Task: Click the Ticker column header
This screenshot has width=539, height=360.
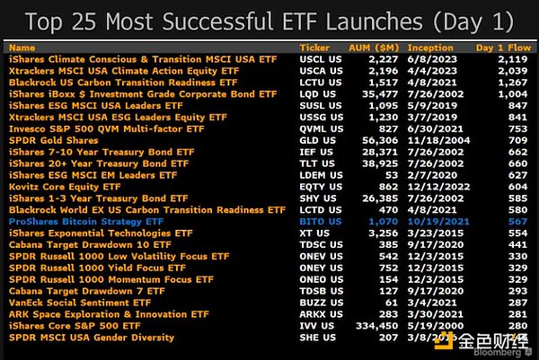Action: click(313, 47)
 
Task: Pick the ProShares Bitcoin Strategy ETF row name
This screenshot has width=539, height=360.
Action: click(85, 221)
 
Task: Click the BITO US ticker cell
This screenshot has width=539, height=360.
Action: click(315, 221)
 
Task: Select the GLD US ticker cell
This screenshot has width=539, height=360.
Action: click(314, 140)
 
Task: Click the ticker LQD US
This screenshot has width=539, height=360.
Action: click(314, 93)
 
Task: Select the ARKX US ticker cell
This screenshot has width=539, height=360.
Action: click(316, 313)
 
